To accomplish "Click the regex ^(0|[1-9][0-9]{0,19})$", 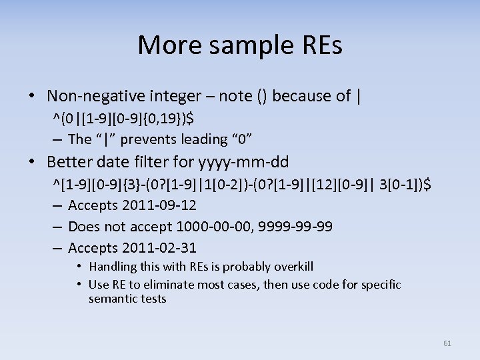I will point(124,119).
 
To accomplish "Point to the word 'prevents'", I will point(161,139).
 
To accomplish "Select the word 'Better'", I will point(71,161).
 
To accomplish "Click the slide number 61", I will point(447,343).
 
